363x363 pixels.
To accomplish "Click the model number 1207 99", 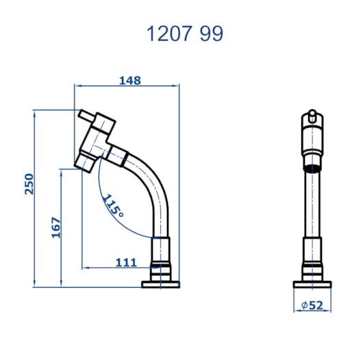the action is coord(185,34).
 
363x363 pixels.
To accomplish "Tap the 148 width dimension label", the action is coord(130,81).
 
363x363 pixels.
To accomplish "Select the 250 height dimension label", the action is coord(29,184).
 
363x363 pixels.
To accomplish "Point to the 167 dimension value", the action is coord(55,227).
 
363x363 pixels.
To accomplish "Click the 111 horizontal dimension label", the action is coord(126,262).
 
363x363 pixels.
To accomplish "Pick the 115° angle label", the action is coord(113,205).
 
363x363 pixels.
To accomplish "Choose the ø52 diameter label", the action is coord(312,305).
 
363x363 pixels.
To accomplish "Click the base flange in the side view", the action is coord(161,284).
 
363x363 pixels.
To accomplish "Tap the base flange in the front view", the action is coord(312,284).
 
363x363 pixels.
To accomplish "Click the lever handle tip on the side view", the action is coord(86,115).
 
